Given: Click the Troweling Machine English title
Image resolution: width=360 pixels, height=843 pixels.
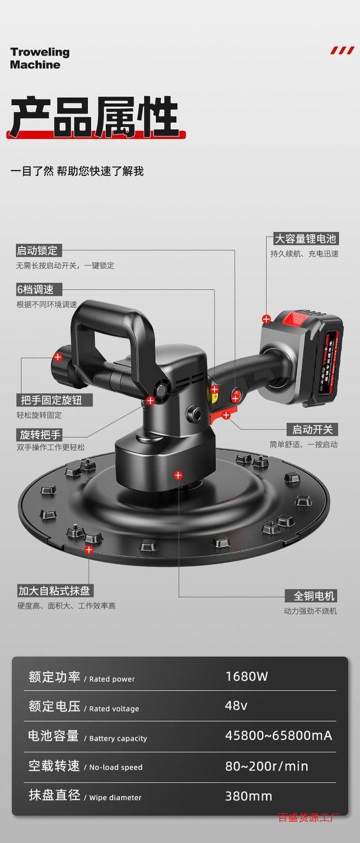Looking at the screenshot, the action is pos(39,58).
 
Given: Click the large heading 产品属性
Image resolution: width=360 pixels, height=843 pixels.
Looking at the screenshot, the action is pos(94,118).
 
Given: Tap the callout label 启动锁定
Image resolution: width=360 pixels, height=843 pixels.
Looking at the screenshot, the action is pos(38,250).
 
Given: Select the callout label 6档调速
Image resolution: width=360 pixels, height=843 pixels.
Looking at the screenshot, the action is pos(35,290).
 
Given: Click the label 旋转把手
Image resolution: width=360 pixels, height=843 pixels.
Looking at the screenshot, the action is pos(40,434).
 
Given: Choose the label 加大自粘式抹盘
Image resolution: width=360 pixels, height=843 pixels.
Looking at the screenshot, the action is pos(55,590).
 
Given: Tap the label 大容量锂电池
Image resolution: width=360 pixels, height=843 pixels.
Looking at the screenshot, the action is pos(305,238).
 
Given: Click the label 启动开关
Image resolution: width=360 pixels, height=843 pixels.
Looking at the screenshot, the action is pos(312,430).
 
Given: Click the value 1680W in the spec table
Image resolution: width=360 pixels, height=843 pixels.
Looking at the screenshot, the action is pos(246,677).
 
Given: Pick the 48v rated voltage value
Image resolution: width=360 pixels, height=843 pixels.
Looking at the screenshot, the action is pos(236,706).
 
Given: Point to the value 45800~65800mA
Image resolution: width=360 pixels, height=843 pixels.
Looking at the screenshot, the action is pos(278,736).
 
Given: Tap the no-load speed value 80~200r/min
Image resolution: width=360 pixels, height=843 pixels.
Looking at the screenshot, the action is pos(267,766).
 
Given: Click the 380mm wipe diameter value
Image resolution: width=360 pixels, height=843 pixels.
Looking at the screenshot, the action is pos(249,796).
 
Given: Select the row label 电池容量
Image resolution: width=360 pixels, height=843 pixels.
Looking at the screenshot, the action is pos(53,736).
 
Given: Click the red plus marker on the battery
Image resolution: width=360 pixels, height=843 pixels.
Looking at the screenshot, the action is pos(267,319).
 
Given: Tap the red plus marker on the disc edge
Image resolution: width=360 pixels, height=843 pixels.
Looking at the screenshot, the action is pos(89,549).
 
